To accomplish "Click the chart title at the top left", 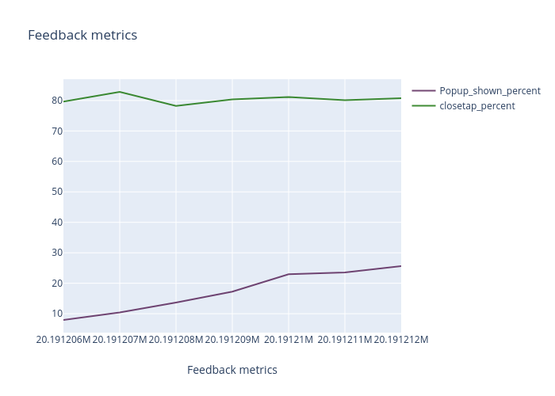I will tap(82, 35).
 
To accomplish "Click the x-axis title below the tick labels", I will tap(232, 370).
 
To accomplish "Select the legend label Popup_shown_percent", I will tap(490, 91).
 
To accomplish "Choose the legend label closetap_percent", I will tap(477, 106).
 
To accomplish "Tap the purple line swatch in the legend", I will tap(423, 91).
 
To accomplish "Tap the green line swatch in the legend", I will tap(423, 106).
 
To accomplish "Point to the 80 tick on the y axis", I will tap(57, 101).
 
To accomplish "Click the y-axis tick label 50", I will tap(57, 192).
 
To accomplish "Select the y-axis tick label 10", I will tap(57, 314).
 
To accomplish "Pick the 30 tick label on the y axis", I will tap(57, 253).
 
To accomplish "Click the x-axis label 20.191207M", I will tap(120, 340).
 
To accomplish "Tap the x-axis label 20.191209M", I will tap(232, 340).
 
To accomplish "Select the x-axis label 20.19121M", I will tap(289, 340).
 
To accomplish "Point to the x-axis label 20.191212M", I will tap(400, 340).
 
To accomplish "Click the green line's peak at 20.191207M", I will tap(120, 92).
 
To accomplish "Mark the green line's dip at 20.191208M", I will tap(176, 106).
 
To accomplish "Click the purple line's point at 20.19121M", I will tap(289, 274).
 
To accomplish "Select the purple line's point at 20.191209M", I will tap(232, 291).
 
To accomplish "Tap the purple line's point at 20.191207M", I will tap(120, 312).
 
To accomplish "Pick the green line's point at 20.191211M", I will tap(345, 100).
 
